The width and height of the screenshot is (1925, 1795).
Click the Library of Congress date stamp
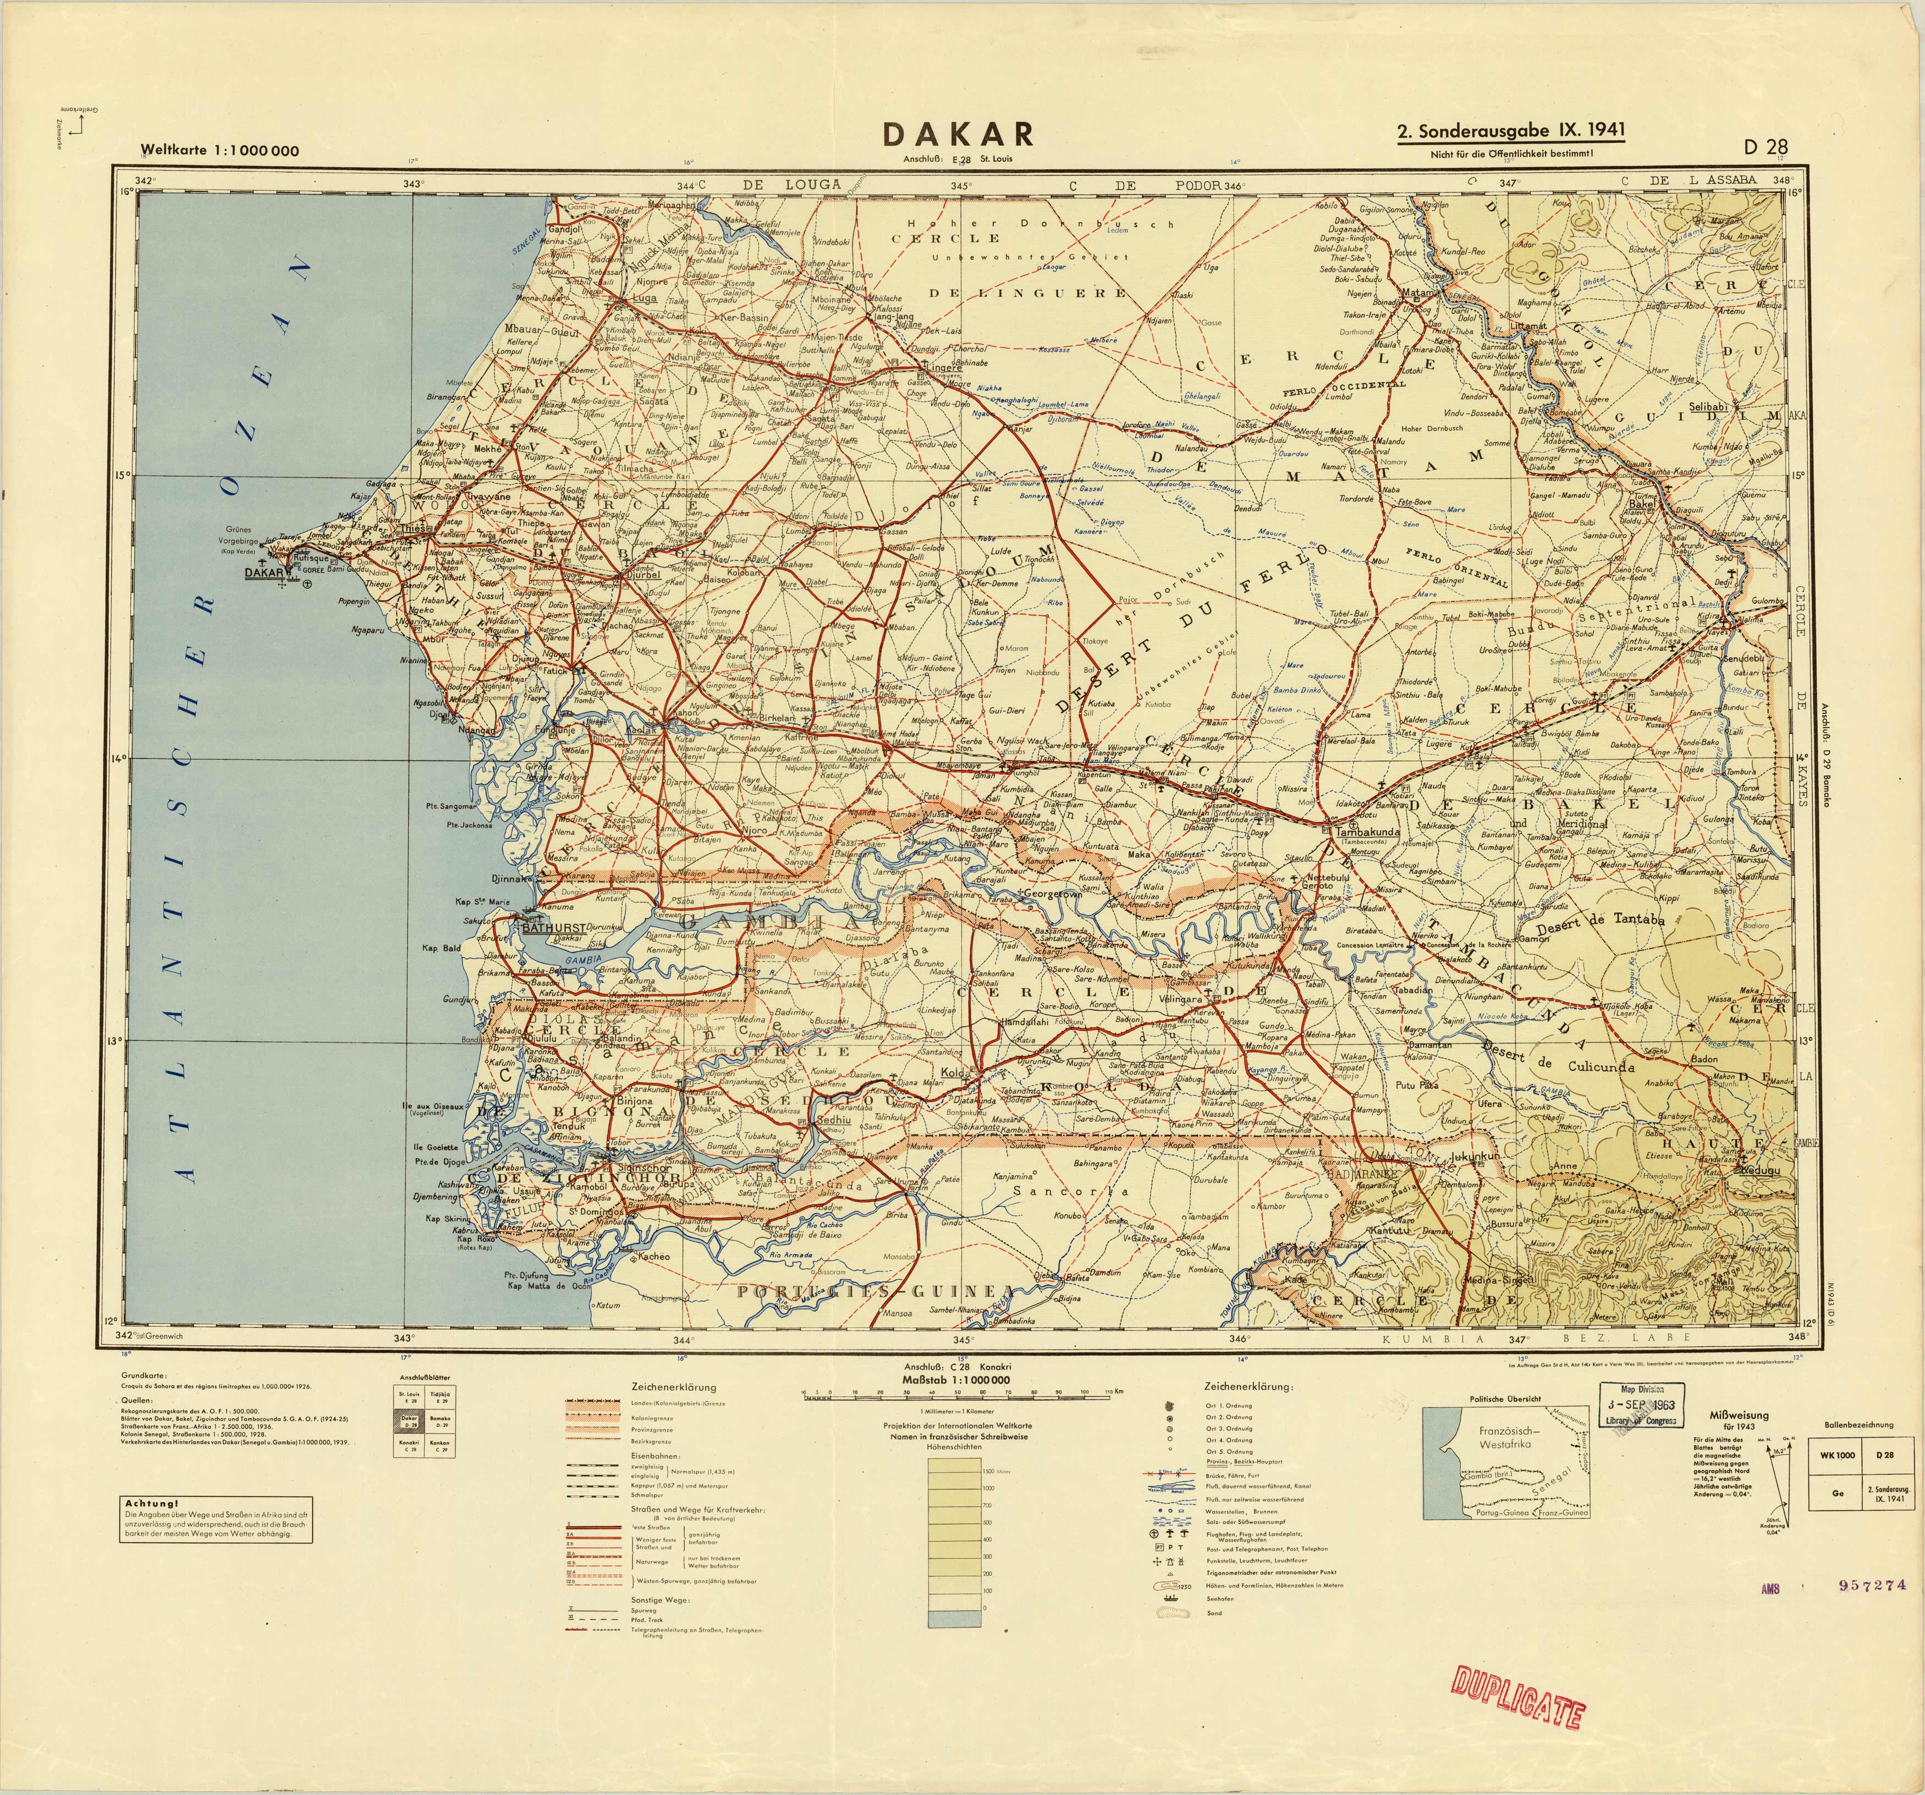1642,1405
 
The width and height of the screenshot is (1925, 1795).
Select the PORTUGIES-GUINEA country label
876,1292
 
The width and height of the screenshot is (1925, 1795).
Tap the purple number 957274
1871,1585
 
